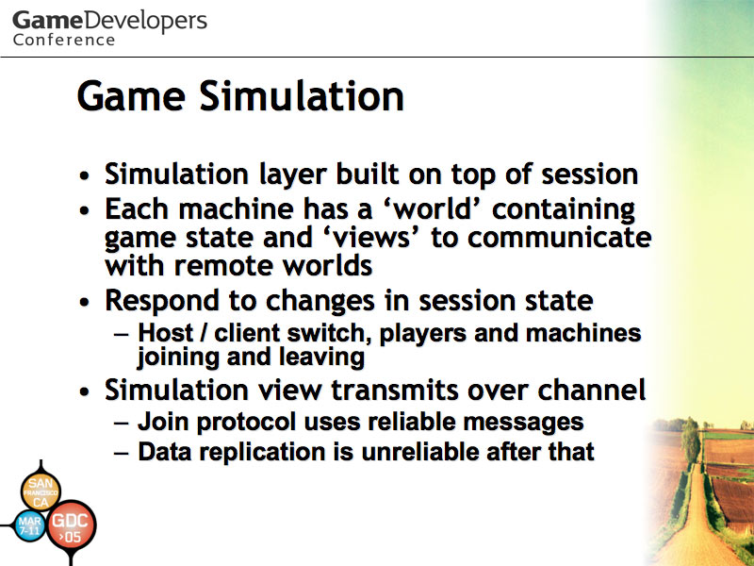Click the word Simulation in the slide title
point(302,96)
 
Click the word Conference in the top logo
point(64,40)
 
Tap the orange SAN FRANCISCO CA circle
point(41,491)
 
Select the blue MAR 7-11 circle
point(30,525)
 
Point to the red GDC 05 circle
point(70,526)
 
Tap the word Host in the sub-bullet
point(166,333)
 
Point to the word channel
point(592,390)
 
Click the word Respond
point(162,301)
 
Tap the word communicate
point(560,238)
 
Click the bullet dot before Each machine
point(85,210)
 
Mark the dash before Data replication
point(122,453)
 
